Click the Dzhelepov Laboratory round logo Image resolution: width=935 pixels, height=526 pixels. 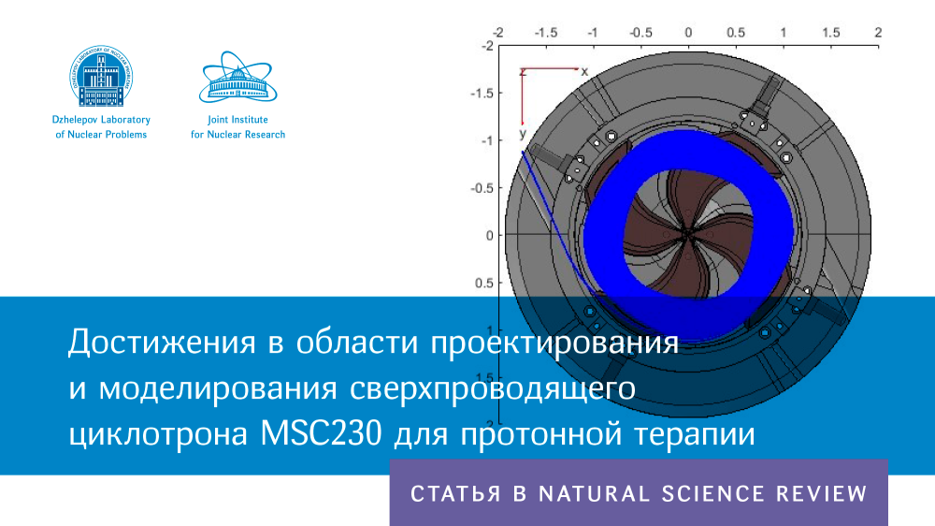point(101,76)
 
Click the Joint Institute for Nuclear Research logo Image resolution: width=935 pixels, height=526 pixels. point(237,77)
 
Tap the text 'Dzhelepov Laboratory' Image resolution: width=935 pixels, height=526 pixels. point(101,120)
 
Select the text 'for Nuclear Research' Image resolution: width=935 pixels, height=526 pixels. point(237,135)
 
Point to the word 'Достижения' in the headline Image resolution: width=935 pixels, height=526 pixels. point(162,343)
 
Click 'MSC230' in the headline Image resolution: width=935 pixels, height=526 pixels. point(322,433)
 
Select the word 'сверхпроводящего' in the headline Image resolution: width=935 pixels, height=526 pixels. point(493,388)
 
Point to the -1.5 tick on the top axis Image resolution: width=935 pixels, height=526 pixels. point(546,32)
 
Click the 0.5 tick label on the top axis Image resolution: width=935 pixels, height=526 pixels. point(736,32)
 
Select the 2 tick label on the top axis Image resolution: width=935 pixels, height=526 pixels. point(878,32)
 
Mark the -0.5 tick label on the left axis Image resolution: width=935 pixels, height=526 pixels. point(482,188)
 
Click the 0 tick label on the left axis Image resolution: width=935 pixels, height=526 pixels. point(490,235)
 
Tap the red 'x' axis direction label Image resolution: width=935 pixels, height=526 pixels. point(584,72)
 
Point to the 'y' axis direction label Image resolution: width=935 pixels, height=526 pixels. point(523,133)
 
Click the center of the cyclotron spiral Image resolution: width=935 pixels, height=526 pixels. point(687,235)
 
